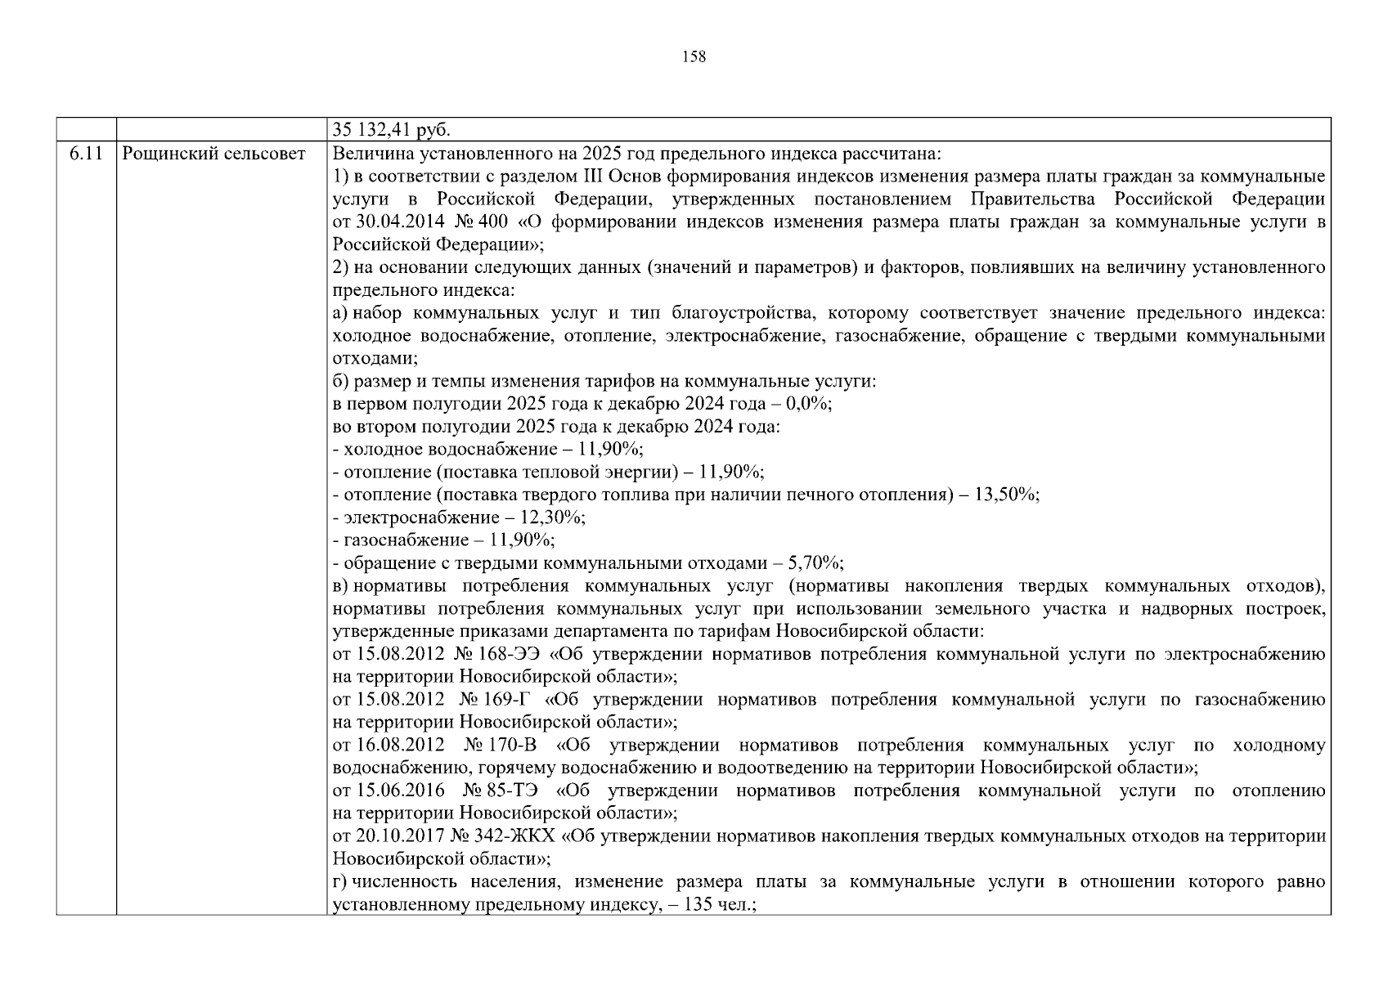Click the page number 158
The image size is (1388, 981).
pyautogui.click(x=694, y=56)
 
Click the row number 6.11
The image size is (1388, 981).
pyautogui.click(x=86, y=154)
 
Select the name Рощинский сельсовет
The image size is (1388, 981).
pyautogui.click(x=213, y=154)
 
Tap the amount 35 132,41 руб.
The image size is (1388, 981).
pyautogui.click(x=393, y=130)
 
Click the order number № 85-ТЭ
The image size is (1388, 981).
pyautogui.click(x=499, y=791)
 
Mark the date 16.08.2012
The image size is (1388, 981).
pyautogui.click(x=401, y=746)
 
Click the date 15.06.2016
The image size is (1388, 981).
pyautogui.click(x=401, y=791)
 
